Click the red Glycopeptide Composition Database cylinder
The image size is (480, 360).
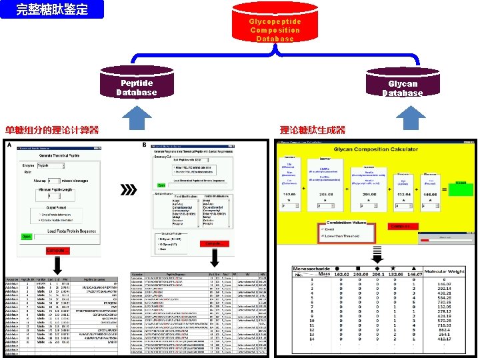tap(275, 27)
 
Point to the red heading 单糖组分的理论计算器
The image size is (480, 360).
tap(52, 130)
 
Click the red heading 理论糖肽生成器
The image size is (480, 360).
tap(313, 130)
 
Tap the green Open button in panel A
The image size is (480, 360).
tap(26, 236)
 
